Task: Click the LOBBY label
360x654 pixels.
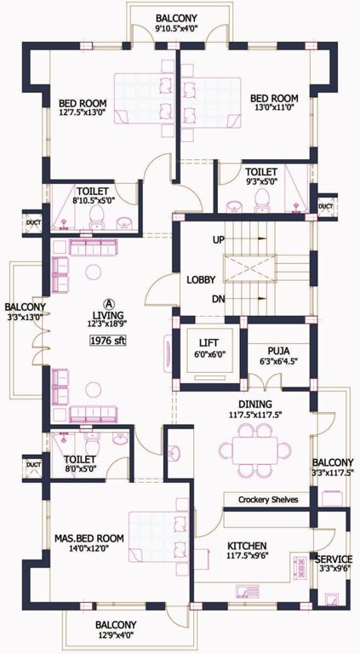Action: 201,279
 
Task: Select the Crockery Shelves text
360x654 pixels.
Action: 268,500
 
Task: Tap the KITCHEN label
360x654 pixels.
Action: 248,544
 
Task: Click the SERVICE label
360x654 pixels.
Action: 333,559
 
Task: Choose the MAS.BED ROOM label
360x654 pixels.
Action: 89,538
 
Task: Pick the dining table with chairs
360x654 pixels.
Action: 253,450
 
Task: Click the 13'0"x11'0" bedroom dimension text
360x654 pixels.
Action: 274,110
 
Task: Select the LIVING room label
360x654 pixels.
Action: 108,315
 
